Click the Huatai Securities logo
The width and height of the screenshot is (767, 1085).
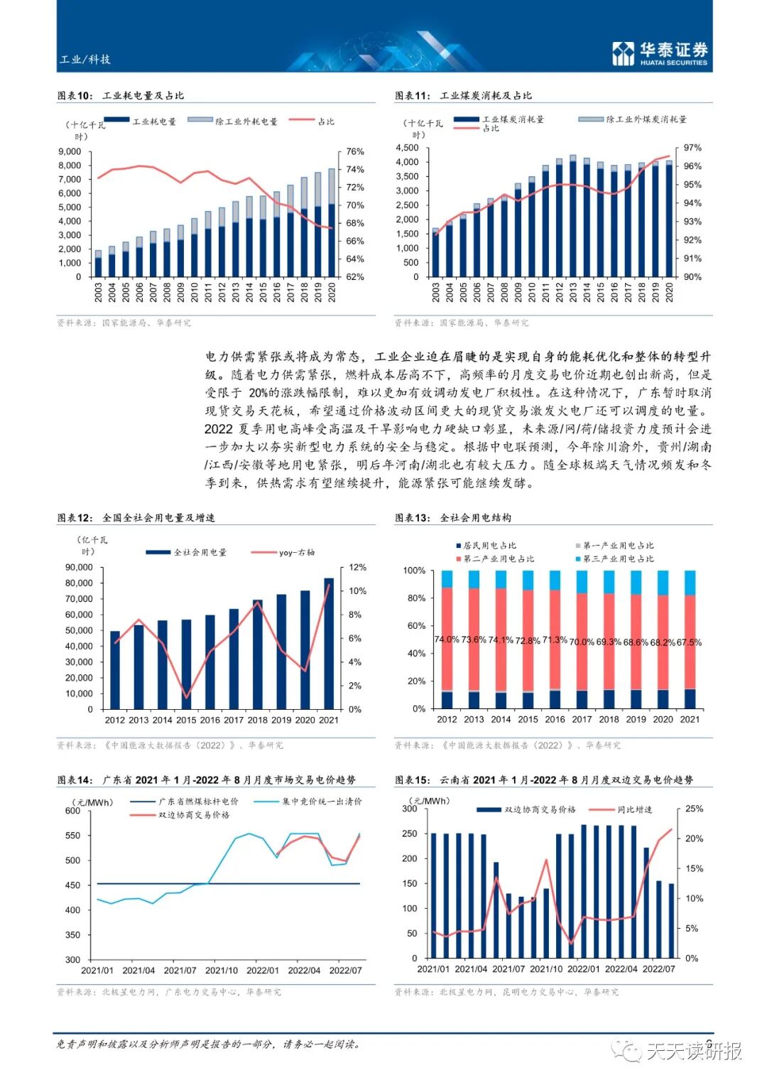tap(660, 53)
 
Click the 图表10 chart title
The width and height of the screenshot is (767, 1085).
tap(121, 95)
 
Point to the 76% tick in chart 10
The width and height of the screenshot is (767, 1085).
tap(355, 152)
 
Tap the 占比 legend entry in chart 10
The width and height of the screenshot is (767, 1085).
tap(325, 122)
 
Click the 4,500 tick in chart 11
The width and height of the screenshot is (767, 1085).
tap(408, 148)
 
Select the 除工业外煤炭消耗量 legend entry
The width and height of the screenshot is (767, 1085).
tap(646, 119)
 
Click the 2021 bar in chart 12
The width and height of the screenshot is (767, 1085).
tap(329, 643)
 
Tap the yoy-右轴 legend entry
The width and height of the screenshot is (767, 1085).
tap(296, 552)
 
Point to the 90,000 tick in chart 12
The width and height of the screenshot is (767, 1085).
tap(79, 568)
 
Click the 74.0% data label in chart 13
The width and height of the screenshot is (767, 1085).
tap(447, 639)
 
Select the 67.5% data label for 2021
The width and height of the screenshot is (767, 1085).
tap(689, 642)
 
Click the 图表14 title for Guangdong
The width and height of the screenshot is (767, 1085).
tap(206, 780)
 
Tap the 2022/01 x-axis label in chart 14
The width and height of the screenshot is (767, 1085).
tap(263, 970)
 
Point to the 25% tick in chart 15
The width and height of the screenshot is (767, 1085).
tap(694, 809)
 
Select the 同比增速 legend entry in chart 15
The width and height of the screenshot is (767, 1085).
tap(634, 810)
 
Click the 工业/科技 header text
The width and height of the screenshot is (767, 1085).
tap(85, 60)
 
